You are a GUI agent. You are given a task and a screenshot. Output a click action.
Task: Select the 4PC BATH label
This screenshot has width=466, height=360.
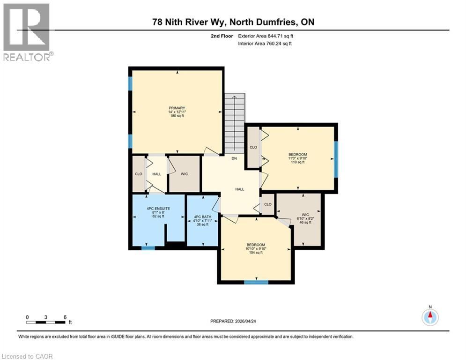[203, 220]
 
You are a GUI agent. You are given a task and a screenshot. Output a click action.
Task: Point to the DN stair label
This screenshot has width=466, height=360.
[234, 158]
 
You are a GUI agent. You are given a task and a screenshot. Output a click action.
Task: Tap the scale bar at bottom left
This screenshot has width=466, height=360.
[46, 322]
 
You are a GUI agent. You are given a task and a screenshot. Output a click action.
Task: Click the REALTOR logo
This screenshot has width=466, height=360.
[27, 32]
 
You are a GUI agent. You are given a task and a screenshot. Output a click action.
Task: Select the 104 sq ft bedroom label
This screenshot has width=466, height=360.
[256, 248]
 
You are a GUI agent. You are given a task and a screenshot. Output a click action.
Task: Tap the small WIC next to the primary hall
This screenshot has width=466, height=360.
[184, 174]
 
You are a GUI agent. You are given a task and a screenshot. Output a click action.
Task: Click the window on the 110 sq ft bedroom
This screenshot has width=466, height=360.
[336, 159]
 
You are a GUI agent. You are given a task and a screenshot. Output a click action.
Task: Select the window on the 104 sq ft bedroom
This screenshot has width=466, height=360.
[256, 282]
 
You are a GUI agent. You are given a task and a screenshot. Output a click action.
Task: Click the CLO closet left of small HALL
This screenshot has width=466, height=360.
[139, 174]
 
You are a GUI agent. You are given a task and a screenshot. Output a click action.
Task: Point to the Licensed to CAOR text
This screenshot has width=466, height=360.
[27, 356]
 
